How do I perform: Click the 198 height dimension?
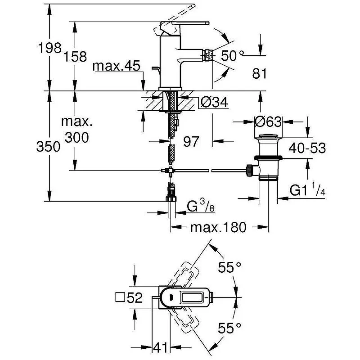coord(50,48)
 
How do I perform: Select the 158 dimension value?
coord(75,57)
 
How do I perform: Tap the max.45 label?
coord(116,66)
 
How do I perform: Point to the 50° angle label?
coord(232,56)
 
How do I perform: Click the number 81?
coord(260,74)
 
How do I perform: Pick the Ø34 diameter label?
coord(214,102)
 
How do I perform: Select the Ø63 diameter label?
coord(268,121)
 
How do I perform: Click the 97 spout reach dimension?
coord(191,141)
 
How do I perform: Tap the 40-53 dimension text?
coord(307,148)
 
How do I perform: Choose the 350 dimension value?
coord(48,147)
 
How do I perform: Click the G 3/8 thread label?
coord(201,206)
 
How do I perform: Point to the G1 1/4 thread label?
coord(307,189)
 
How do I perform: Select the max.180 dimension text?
coord(218,227)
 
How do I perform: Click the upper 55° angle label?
coord(229,267)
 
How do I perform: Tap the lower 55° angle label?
coord(229,328)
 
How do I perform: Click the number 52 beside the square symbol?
coord(135,298)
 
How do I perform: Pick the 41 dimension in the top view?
coord(160,347)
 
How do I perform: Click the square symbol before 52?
coord(120,298)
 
